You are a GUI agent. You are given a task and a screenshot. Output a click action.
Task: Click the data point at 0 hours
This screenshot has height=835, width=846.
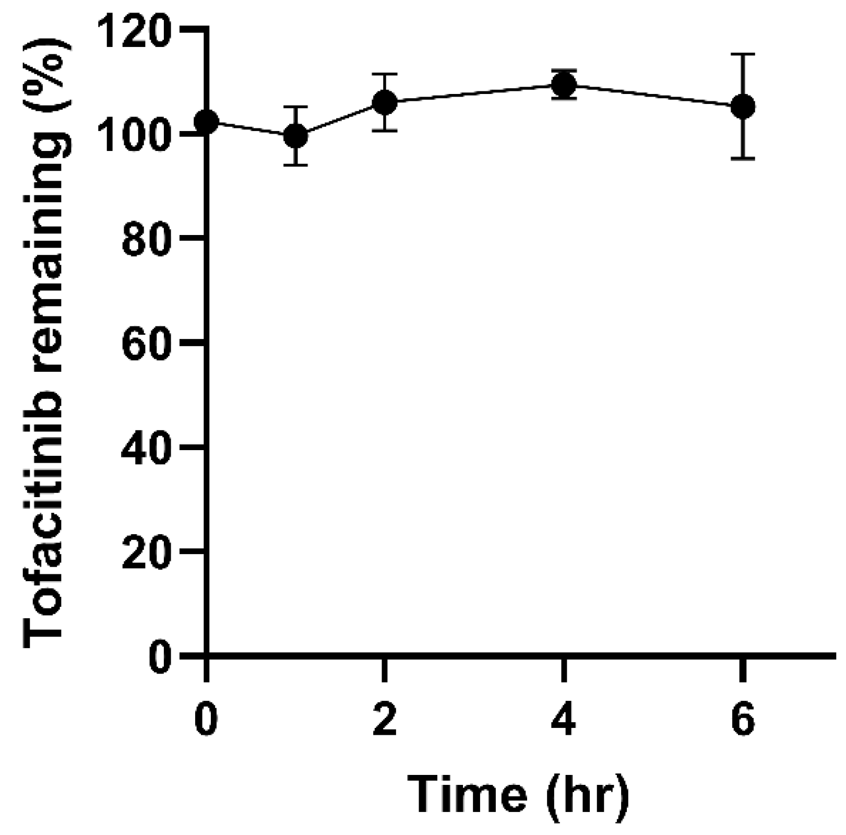coord(207,122)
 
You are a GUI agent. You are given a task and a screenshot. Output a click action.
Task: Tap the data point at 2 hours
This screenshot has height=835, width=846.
coord(385,102)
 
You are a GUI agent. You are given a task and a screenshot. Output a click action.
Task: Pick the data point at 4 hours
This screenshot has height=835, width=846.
coord(564,84)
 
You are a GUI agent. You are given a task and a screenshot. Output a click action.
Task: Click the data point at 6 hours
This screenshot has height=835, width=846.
coord(743,107)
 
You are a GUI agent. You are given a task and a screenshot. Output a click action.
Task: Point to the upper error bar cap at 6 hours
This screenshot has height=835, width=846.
coord(743,54)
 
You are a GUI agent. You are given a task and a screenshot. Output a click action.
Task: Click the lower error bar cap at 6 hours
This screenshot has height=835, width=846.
coord(743,158)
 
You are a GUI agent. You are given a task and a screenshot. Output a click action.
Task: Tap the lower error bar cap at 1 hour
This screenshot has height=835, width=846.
coord(296,165)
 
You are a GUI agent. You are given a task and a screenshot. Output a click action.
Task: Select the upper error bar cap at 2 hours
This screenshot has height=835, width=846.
coord(385,74)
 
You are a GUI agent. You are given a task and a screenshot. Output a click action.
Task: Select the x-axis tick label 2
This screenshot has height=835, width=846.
coord(385,720)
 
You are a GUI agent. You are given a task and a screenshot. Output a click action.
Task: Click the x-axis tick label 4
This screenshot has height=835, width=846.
coord(564,720)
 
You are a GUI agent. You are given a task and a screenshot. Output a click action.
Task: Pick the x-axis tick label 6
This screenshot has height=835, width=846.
coord(743,720)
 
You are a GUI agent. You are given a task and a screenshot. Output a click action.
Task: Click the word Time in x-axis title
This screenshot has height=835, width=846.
coord(467,796)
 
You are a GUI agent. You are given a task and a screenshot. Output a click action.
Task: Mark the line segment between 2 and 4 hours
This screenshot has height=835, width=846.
coord(474,93)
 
